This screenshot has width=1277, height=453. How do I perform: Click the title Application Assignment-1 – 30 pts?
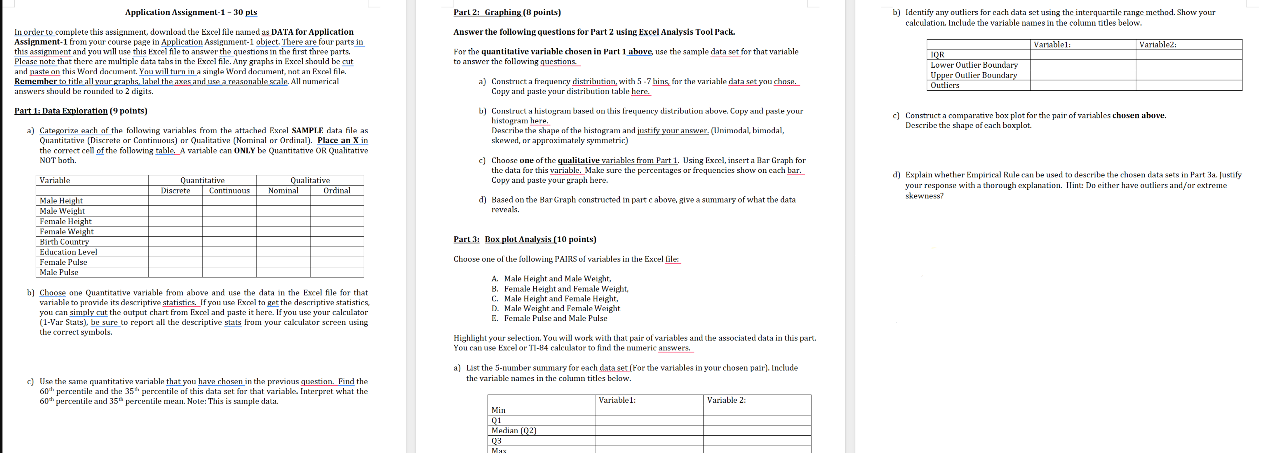click(191, 12)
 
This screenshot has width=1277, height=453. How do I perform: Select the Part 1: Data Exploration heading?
click(80, 111)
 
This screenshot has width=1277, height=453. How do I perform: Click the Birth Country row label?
click(64, 242)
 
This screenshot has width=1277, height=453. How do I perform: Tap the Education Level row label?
click(68, 252)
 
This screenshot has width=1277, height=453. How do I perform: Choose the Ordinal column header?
click(336, 191)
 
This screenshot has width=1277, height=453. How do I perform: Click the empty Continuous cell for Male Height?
click(229, 201)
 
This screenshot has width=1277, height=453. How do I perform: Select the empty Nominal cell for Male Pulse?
click(283, 272)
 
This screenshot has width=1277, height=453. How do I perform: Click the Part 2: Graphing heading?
click(507, 12)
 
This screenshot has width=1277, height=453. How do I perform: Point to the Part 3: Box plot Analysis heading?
click(524, 239)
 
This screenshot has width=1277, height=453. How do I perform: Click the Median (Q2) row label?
click(514, 431)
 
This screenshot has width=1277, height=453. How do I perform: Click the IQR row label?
click(937, 54)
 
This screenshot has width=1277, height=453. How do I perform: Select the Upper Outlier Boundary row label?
click(974, 75)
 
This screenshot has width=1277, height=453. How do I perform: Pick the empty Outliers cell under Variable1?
click(1083, 85)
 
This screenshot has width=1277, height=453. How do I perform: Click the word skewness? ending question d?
click(924, 196)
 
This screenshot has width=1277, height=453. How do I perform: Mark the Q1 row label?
click(496, 421)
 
